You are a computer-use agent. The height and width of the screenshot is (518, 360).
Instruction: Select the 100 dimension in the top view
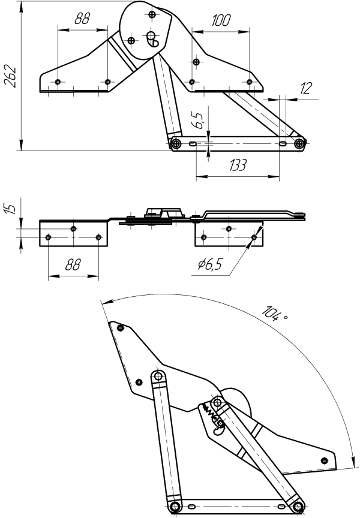click(x=221, y=21)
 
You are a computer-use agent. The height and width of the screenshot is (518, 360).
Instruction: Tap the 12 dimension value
click(x=306, y=89)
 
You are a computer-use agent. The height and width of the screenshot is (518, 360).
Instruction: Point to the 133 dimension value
click(x=238, y=166)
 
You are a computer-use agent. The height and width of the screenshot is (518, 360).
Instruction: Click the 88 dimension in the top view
click(x=82, y=19)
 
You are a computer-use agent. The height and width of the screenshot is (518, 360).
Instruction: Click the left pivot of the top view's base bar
click(x=176, y=144)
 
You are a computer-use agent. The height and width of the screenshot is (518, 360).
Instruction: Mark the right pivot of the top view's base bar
click(x=299, y=144)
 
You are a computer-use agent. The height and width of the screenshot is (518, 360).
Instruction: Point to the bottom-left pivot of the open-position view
click(x=175, y=507)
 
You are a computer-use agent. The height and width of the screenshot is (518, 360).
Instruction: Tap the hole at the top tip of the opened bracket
click(x=121, y=327)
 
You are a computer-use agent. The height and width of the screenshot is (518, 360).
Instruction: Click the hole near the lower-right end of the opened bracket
click(x=325, y=460)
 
